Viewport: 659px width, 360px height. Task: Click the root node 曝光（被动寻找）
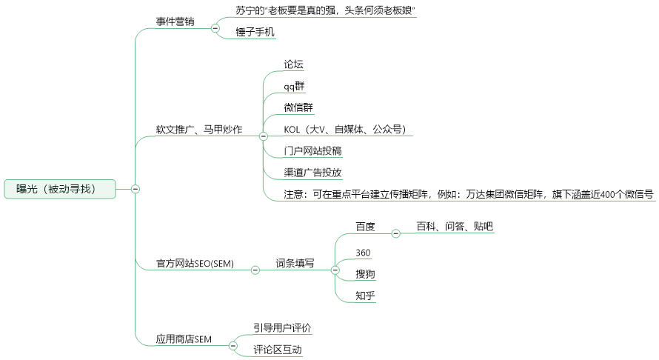60,189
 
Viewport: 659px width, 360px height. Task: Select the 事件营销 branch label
175,21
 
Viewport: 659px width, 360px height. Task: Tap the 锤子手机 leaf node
255,32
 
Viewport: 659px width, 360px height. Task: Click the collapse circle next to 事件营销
215,28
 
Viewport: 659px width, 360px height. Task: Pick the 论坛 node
293,64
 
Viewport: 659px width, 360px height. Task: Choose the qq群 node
294,86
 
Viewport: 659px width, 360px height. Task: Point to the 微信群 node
298,107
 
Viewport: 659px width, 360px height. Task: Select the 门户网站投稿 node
312,150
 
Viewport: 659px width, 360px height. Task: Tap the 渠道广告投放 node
312,173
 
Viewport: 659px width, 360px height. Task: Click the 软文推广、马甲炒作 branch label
199,129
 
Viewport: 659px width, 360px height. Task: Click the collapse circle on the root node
136,189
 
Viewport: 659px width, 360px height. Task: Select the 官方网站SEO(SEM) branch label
195,264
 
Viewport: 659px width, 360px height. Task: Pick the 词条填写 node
295,263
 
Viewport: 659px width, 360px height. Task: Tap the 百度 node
365,227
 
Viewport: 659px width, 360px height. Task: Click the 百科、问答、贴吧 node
455,226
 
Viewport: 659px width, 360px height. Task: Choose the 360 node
363,253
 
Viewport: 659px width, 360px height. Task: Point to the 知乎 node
365,296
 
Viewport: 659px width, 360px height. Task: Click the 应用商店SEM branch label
184,339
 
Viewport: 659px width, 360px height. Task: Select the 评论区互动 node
278,350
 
